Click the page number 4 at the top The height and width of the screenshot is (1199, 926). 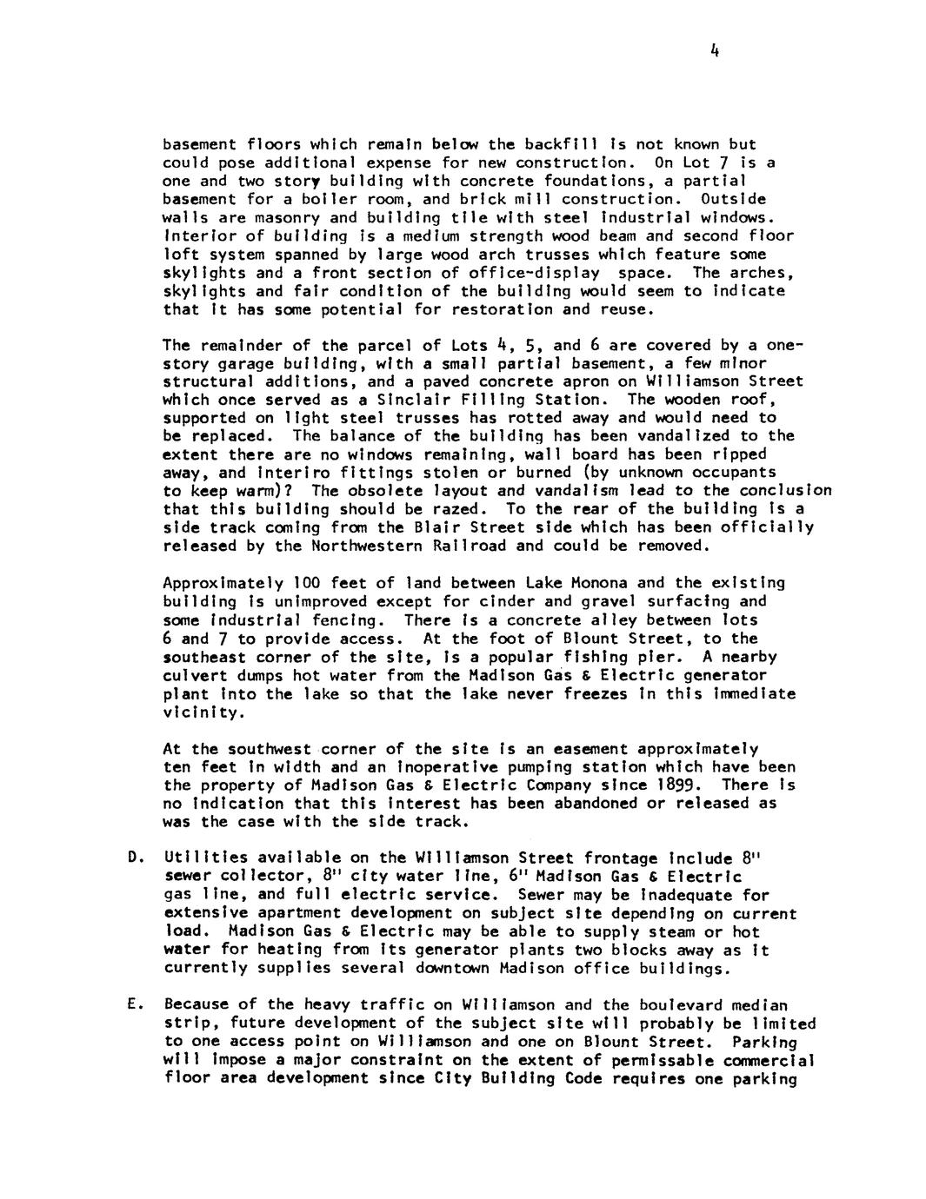tap(712, 51)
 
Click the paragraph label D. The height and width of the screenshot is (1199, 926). tap(133, 858)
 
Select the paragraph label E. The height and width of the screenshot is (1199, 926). tap(133, 1005)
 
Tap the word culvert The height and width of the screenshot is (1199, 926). tap(192, 675)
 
